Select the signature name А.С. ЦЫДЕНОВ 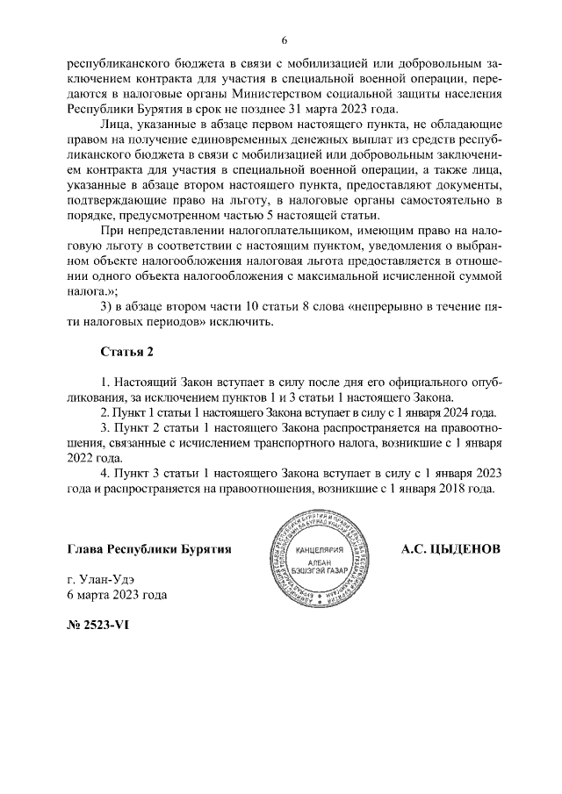450,550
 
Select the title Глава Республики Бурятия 149,550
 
